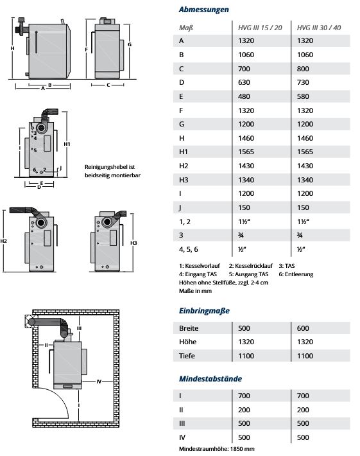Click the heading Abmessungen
(x=203, y=10)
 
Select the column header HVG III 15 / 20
(x=259, y=28)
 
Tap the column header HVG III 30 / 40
(x=319, y=28)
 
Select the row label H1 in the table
(x=184, y=152)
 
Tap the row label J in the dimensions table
(x=182, y=207)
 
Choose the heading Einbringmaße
(x=204, y=310)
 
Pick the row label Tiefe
(x=189, y=355)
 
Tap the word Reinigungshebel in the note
(x=103, y=168)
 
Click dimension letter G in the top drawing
(x=130, y=45)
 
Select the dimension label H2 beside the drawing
(x=4, y=241)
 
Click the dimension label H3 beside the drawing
(x=133, y=243)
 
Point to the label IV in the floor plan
(x=99, y=381)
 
